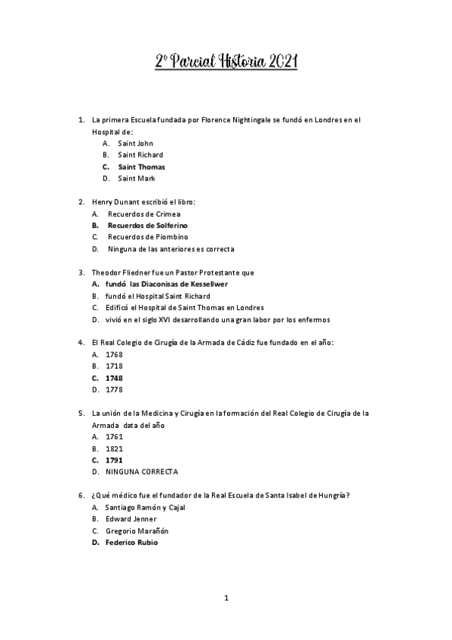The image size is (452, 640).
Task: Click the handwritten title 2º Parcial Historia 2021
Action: (x=226, y=63)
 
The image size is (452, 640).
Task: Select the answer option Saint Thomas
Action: (x=141, y=167)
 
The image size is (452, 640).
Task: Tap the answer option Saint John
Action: (x=135, y=143)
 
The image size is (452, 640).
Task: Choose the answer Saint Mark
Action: (x=136, y=178)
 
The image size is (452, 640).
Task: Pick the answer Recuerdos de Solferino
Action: (x=147, y=225)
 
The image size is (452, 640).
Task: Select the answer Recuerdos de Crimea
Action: (x=143, y=214)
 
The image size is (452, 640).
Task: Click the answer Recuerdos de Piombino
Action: (x=147, y=237)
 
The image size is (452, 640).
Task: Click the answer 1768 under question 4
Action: (x=114, y=355)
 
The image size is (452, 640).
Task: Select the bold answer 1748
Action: (x=114, y=377)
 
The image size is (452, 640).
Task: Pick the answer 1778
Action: (x=114, y=389)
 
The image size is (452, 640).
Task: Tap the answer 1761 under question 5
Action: (x=114, y=436)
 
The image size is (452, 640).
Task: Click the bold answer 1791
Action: (x=114, y=460)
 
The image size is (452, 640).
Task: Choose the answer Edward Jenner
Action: (x=131, y=518)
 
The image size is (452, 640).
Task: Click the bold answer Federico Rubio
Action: (x=132, y=542)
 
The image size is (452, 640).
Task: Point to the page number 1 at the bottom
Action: (x=226, y=598)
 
